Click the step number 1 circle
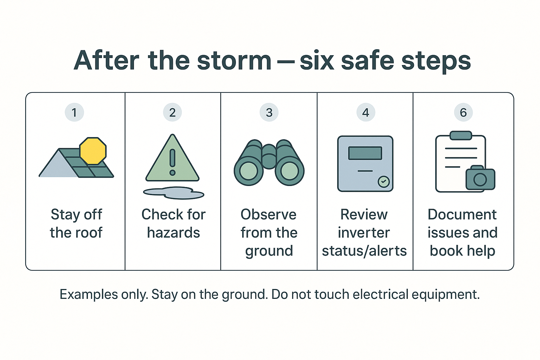74,112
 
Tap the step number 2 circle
172,112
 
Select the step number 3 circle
269,112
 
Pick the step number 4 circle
366,112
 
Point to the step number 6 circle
463,112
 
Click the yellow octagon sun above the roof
93,151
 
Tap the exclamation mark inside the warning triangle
172,162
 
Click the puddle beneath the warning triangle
174,193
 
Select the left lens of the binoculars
249,171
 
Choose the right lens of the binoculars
289,171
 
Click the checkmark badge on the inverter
384,182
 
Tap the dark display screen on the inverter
365,153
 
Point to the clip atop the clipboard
461,135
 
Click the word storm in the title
234,60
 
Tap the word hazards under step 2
173,233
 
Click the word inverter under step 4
364,233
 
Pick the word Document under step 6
462,214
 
